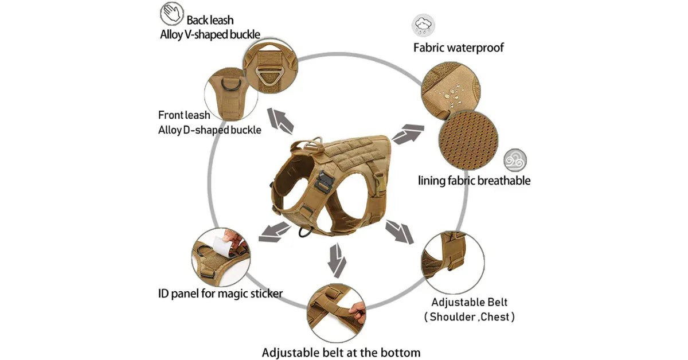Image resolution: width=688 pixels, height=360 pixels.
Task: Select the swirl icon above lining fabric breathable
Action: (x=515, y=161)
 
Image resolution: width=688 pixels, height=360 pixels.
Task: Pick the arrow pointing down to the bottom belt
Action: (x=337, y=260)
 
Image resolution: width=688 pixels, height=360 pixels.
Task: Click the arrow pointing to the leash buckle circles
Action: (x=281, y=121)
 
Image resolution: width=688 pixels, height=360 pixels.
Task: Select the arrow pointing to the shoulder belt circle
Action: (x=399, y=232)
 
